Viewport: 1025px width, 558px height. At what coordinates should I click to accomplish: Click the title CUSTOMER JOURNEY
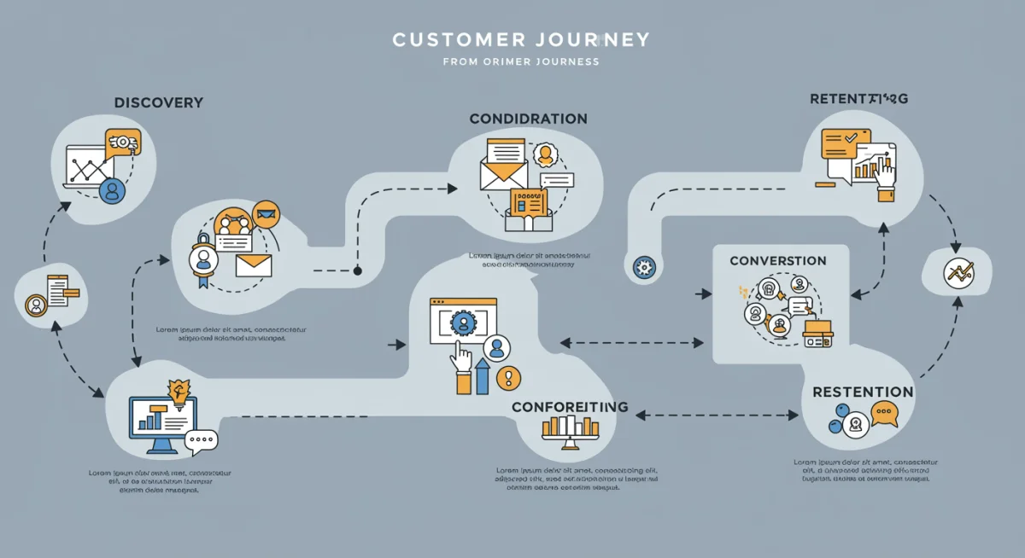pyautogui.click(x=520, y=39)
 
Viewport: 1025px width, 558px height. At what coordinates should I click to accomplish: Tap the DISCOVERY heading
pyautogui.click(x=158, y=102)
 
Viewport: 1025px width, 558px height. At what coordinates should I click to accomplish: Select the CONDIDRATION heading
pyautogui.click(x=528, y=119)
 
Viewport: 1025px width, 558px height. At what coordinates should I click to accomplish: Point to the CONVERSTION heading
pyautogui.click(x=778, y=260)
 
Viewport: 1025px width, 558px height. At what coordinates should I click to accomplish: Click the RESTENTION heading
pyautogui.click(x=863, y=392)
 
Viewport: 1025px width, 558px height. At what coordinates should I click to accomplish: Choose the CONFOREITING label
pyautogui.click(x=570, y=407)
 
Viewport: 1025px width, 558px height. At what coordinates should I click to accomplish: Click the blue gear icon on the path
pyautogui.click(x=642, y=268)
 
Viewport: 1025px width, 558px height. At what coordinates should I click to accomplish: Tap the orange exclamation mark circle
pyautogui.click(x=509, y=377)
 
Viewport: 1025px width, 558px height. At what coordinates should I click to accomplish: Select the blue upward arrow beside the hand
pyautogui.click(x=482, y=376)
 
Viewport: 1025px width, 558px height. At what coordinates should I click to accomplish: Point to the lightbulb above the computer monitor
pyautogui.click(x=180, y=392)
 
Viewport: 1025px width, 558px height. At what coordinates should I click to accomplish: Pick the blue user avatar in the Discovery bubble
pyautogui.click(x=112, y=190)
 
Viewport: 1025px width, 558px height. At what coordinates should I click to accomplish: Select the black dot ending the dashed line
pyautogui.click(x=357, y=270)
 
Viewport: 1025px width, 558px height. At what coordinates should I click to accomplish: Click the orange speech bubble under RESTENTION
pyautogui.click(x=884, y=416)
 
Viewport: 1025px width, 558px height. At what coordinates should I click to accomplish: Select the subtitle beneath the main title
pyautogui.click(x=520, y=61)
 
